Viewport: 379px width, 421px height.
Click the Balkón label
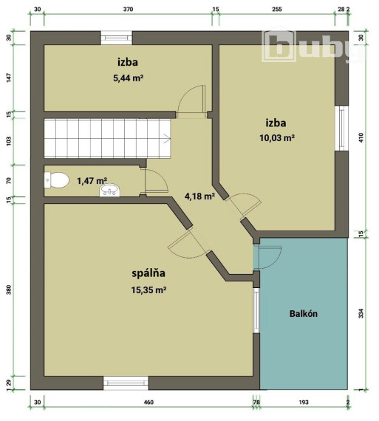click(303, 313)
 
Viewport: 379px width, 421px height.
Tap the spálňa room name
click(148, 273)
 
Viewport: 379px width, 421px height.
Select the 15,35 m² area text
click(148, 290)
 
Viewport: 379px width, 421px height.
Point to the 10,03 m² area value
click(276, 138)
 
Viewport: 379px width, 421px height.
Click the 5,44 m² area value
click(128, 78)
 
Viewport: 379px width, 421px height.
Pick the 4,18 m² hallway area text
click(199, 196)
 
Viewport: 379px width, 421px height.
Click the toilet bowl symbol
click(58, 179)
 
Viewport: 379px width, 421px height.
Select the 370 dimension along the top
click(127, 10)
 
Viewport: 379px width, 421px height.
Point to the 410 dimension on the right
click(362, 137)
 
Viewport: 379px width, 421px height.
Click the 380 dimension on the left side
click(9, 290)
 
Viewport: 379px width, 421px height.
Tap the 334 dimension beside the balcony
click(362, 314)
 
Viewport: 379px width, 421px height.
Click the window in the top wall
click(117, 36)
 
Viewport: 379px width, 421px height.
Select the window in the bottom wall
click(126, 383)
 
